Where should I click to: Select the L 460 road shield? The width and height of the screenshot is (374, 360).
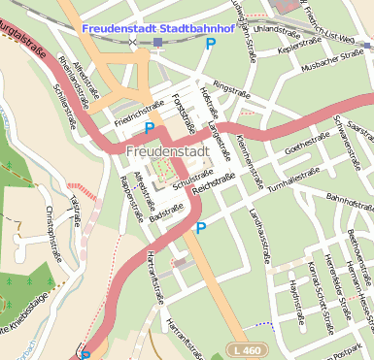click(x=248, y=349)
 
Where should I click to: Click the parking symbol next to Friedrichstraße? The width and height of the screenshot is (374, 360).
click(x=150, y=128)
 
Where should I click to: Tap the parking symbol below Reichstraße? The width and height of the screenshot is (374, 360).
click(x=201, y=228)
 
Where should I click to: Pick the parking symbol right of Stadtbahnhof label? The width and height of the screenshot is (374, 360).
click(x=210, y=44)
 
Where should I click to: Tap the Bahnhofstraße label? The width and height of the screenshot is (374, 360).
click(x=349, y=200)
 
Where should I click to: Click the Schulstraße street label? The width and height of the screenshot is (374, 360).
click(x=191, y=180)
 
